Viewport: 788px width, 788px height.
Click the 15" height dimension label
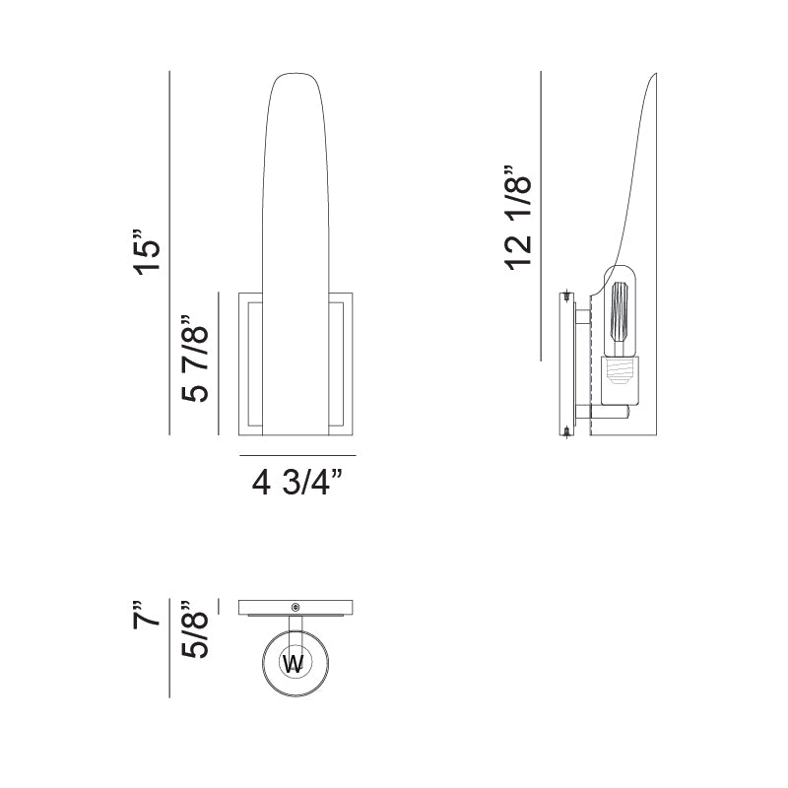(x=147, y=254)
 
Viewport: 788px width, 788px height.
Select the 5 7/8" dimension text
(x=195, y=359)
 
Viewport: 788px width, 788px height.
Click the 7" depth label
(x=147, y=614)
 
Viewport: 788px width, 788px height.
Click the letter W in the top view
(x=294, y=663)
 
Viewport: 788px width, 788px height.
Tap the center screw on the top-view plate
(x=295, y=606)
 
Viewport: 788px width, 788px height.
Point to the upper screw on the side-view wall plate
(x=568, y=295)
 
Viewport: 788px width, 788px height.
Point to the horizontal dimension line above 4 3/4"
(x=297, y=456)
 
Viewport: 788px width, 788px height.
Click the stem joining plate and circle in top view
(x=295, y=626)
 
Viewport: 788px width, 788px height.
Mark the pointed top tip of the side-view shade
(x=658, y=75)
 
